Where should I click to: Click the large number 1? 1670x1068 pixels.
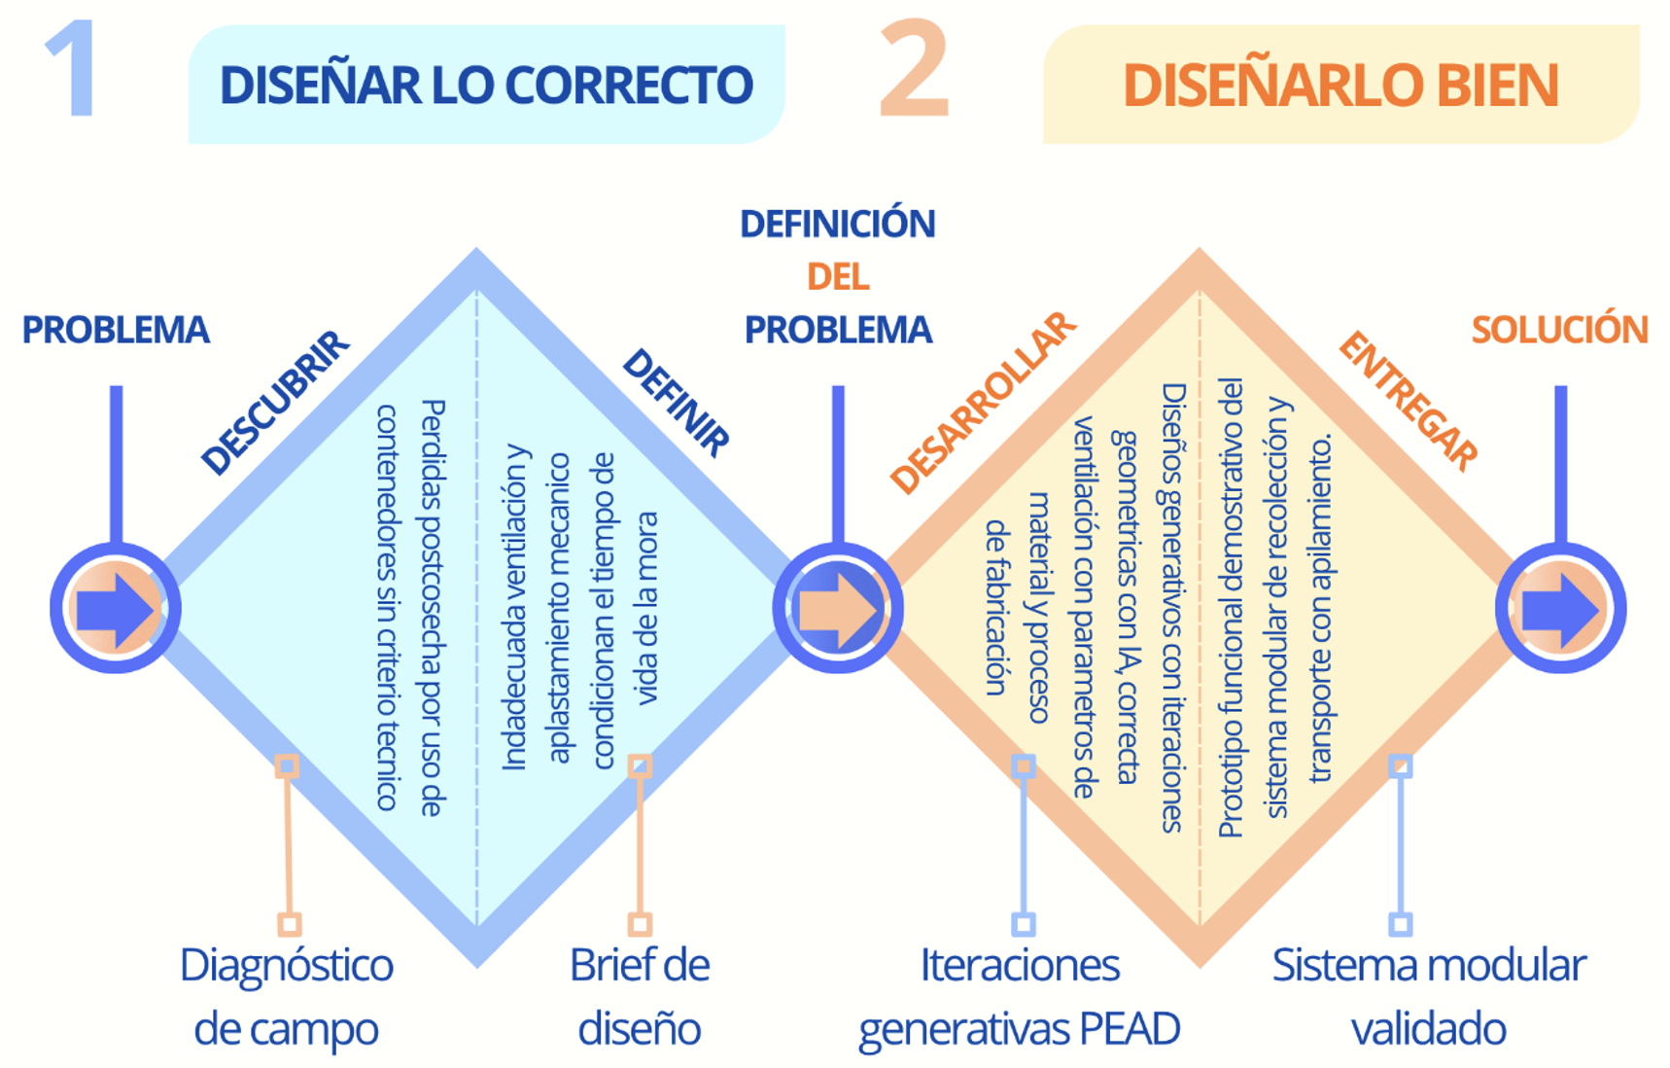70,70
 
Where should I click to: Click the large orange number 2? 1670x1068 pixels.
914,70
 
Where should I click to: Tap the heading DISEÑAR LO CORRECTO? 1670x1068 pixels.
486,85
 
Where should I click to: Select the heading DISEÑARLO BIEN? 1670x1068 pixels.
1340,85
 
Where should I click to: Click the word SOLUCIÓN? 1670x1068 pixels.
1559,330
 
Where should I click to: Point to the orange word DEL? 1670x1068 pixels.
838,277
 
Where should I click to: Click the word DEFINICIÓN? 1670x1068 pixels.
838,224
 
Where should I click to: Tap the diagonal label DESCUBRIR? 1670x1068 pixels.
274,403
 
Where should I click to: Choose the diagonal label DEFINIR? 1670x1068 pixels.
677,402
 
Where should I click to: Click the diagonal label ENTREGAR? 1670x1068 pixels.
1409,401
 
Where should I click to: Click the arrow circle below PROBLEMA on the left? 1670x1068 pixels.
116,609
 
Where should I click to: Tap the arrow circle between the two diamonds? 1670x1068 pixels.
838,609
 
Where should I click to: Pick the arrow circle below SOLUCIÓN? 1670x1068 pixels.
1560,609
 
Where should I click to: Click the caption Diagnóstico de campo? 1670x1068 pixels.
287,997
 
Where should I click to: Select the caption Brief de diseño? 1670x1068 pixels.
640,997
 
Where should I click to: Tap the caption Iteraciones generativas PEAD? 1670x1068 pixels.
1020,997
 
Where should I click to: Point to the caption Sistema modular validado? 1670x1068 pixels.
1429,997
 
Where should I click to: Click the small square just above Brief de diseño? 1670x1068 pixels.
640,923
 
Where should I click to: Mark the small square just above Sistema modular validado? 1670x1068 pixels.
1401,923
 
